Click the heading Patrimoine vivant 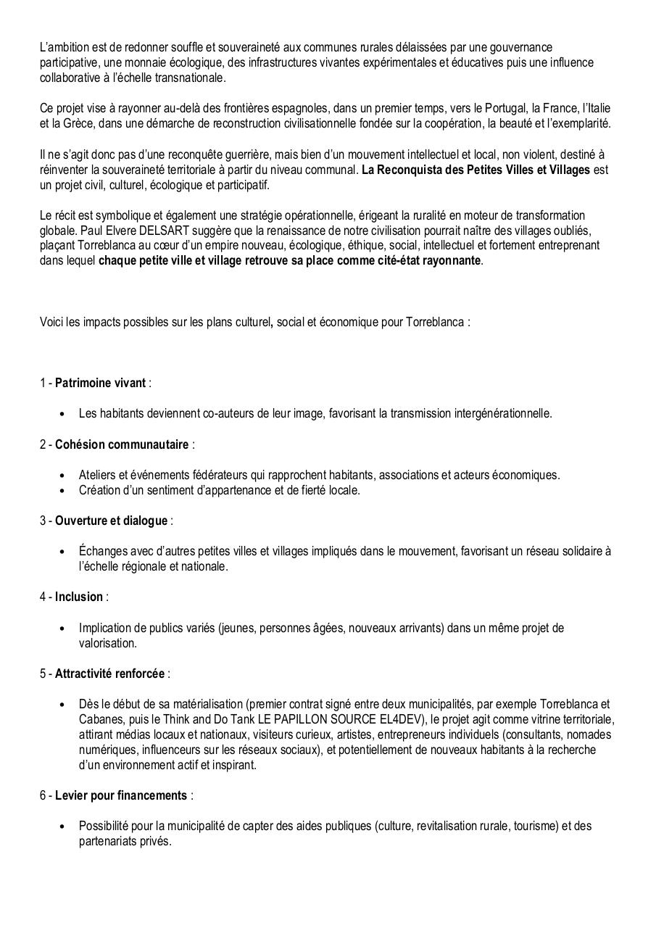click(x=100, y=383)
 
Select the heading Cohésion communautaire click(x=122, y=444)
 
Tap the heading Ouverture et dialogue click(x=111, y=521)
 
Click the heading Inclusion click(x=79, y=597)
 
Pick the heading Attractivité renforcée click(x=109, y=674)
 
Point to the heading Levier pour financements click(x=120, y=795)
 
